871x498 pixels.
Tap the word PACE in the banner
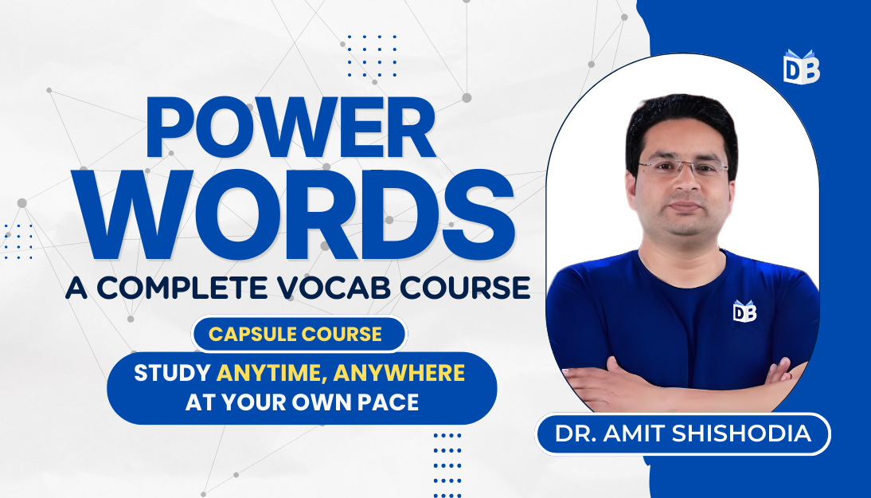[x=390, y=402]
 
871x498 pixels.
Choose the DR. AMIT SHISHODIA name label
[x=684, y=435]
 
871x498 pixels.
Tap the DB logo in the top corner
[x=801, y=69]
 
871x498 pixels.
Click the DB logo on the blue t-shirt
[x=744, y=311]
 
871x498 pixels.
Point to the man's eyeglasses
[x=682, y=169]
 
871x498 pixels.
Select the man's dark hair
[x=681, y=120]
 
